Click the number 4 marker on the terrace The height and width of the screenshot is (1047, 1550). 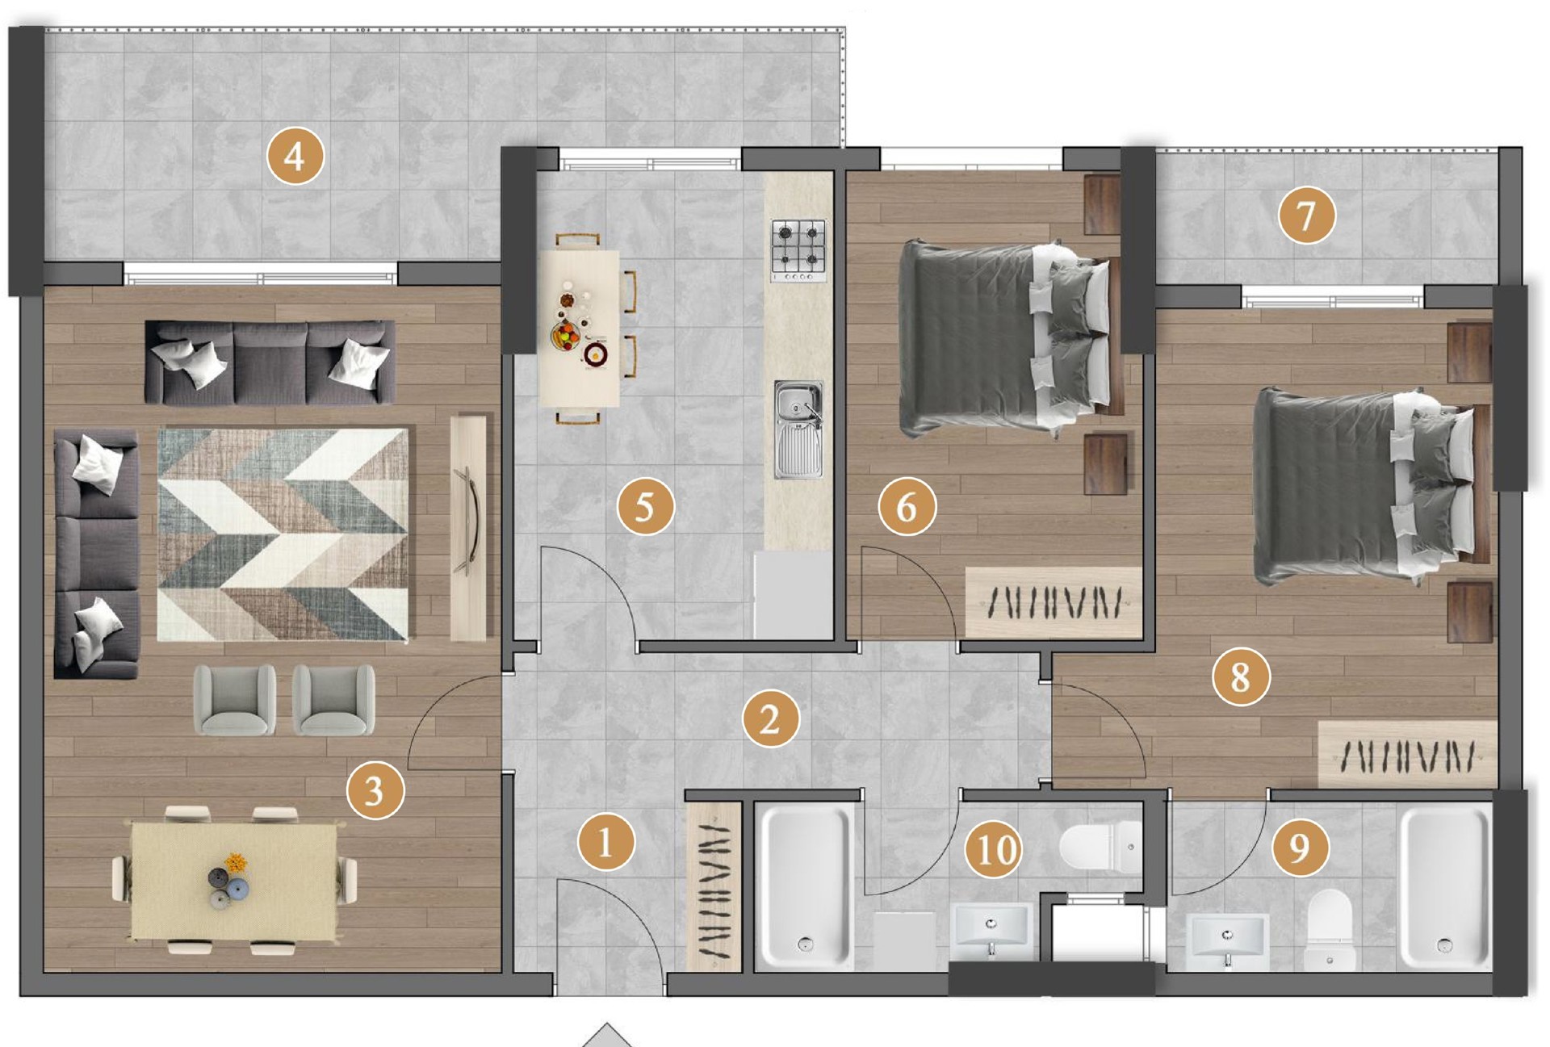coord(295,157)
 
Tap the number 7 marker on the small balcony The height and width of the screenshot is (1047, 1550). coord(1306,216)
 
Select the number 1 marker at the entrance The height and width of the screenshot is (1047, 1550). coord(605,844)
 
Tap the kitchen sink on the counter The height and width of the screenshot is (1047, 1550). coord(798,429)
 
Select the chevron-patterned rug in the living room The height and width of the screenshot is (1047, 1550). coord(283,534)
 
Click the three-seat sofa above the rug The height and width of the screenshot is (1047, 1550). coord(270,362)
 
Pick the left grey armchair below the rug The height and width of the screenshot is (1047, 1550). coord(235,700)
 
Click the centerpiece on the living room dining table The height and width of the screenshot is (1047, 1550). coord(228,881)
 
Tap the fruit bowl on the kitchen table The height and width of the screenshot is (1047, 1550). coord(565,334)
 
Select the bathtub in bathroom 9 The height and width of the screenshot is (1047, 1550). coord(1445,887)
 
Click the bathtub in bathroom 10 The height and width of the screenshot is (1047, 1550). coord(806,886)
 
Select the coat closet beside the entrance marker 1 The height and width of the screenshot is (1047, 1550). coord(714,886)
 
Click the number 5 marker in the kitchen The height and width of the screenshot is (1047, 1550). coord(645,507)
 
